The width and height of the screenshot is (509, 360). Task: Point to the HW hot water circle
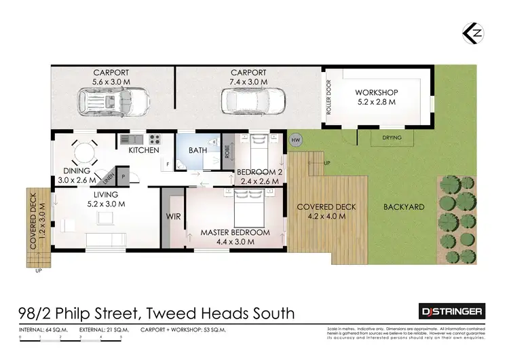295,141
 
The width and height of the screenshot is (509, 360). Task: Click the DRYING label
392,138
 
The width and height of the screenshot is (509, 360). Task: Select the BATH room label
197,150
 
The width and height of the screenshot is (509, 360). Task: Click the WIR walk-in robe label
172,218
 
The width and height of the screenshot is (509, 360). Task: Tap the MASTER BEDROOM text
235,232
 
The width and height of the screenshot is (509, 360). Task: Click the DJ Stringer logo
450,311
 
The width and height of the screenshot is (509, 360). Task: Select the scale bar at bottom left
71,337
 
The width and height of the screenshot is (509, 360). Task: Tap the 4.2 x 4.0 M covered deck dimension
322,217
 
